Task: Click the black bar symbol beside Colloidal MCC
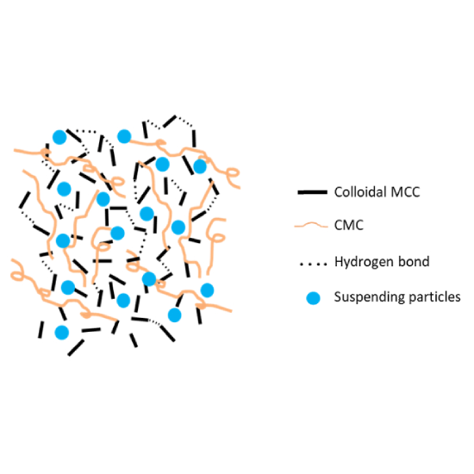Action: pyautogui.click(x=312, y=192)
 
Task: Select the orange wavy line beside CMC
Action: pyautogui.click(x=311, y=225)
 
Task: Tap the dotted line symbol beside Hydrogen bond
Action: pyautogui.click(x=313, y=264)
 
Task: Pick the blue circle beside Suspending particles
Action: pyautogui.click(x=313, y=298)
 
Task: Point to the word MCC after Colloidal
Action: pyautogui.click(x=405, y=192)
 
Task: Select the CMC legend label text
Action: pyautogui.click(x=348, y=225)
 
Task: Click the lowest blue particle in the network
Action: pyautogui.click(x=62, y=333)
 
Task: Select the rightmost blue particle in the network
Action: pyautogui.click(x=207, y=290)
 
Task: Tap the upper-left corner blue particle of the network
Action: pyautogui.click(x=59, y=137)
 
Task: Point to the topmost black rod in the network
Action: pyautogui.click(x=170, y=122)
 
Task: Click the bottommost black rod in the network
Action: pyautogui.click(x=76, y=347)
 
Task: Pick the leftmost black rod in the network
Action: pyautogui.click(x=25, y=200)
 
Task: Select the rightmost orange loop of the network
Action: pyautogui.click(x=233, y=173)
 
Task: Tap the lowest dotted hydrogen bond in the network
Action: pyautogui.click(x=155, y=323)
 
